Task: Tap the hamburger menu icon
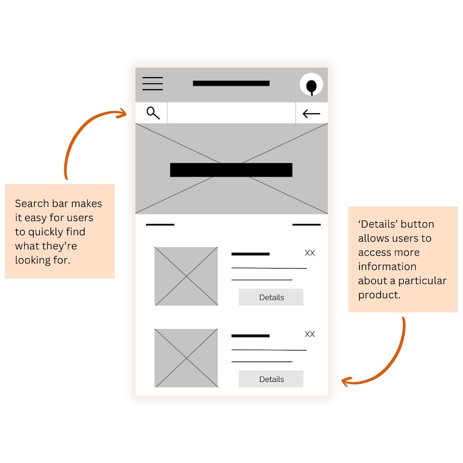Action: (152, 83)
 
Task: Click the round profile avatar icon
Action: (311, 84)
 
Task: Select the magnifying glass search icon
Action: (153, 113)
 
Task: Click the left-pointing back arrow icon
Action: (312, 114)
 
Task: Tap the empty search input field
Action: (231, 113)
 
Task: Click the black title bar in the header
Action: (231, 83)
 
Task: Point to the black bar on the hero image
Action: (231, 170)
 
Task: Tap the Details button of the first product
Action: (271, 297)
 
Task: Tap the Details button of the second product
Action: (271, 379)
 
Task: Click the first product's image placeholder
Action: (186, 276)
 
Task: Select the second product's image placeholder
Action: (186, 358)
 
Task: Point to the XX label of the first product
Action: (310, 253)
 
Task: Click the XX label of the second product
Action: (310, 334)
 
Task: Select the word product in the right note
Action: (379, 295)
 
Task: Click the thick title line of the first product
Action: (250, 254)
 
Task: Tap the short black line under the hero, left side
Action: (160, 225)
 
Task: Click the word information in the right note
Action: (387, 267)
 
